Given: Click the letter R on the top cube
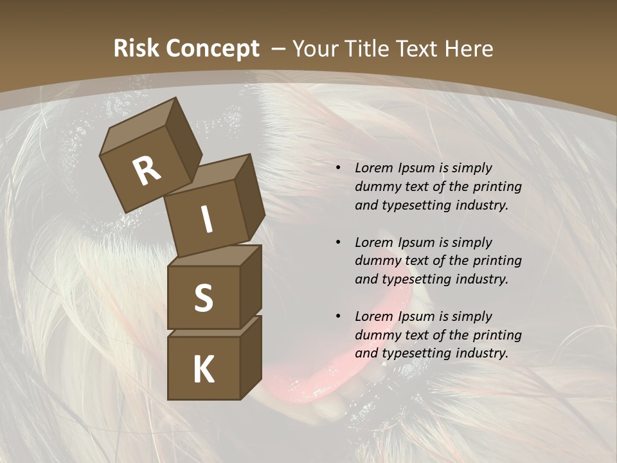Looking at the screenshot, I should click(147, 170).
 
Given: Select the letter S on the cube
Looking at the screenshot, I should click(203, 298).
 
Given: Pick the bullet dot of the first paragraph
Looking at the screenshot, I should click(338, 168).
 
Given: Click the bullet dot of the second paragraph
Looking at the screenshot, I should click(338, 243).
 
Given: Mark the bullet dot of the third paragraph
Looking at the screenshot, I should click(338, 317).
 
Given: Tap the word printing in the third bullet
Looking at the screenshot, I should click(497, 335).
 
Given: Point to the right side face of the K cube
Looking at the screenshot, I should click(251, 357).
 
